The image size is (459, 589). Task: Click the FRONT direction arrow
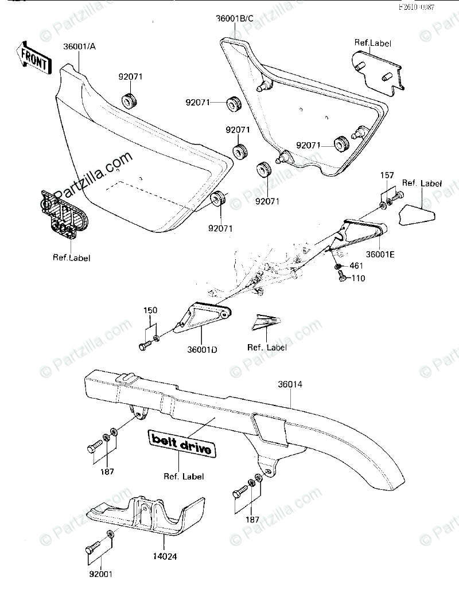(33, 57)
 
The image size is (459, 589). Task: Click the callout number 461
(357, 266)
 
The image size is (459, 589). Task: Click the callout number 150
(150, 310)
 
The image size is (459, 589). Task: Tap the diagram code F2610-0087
(418, 7)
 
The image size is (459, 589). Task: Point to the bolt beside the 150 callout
(145, 345)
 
